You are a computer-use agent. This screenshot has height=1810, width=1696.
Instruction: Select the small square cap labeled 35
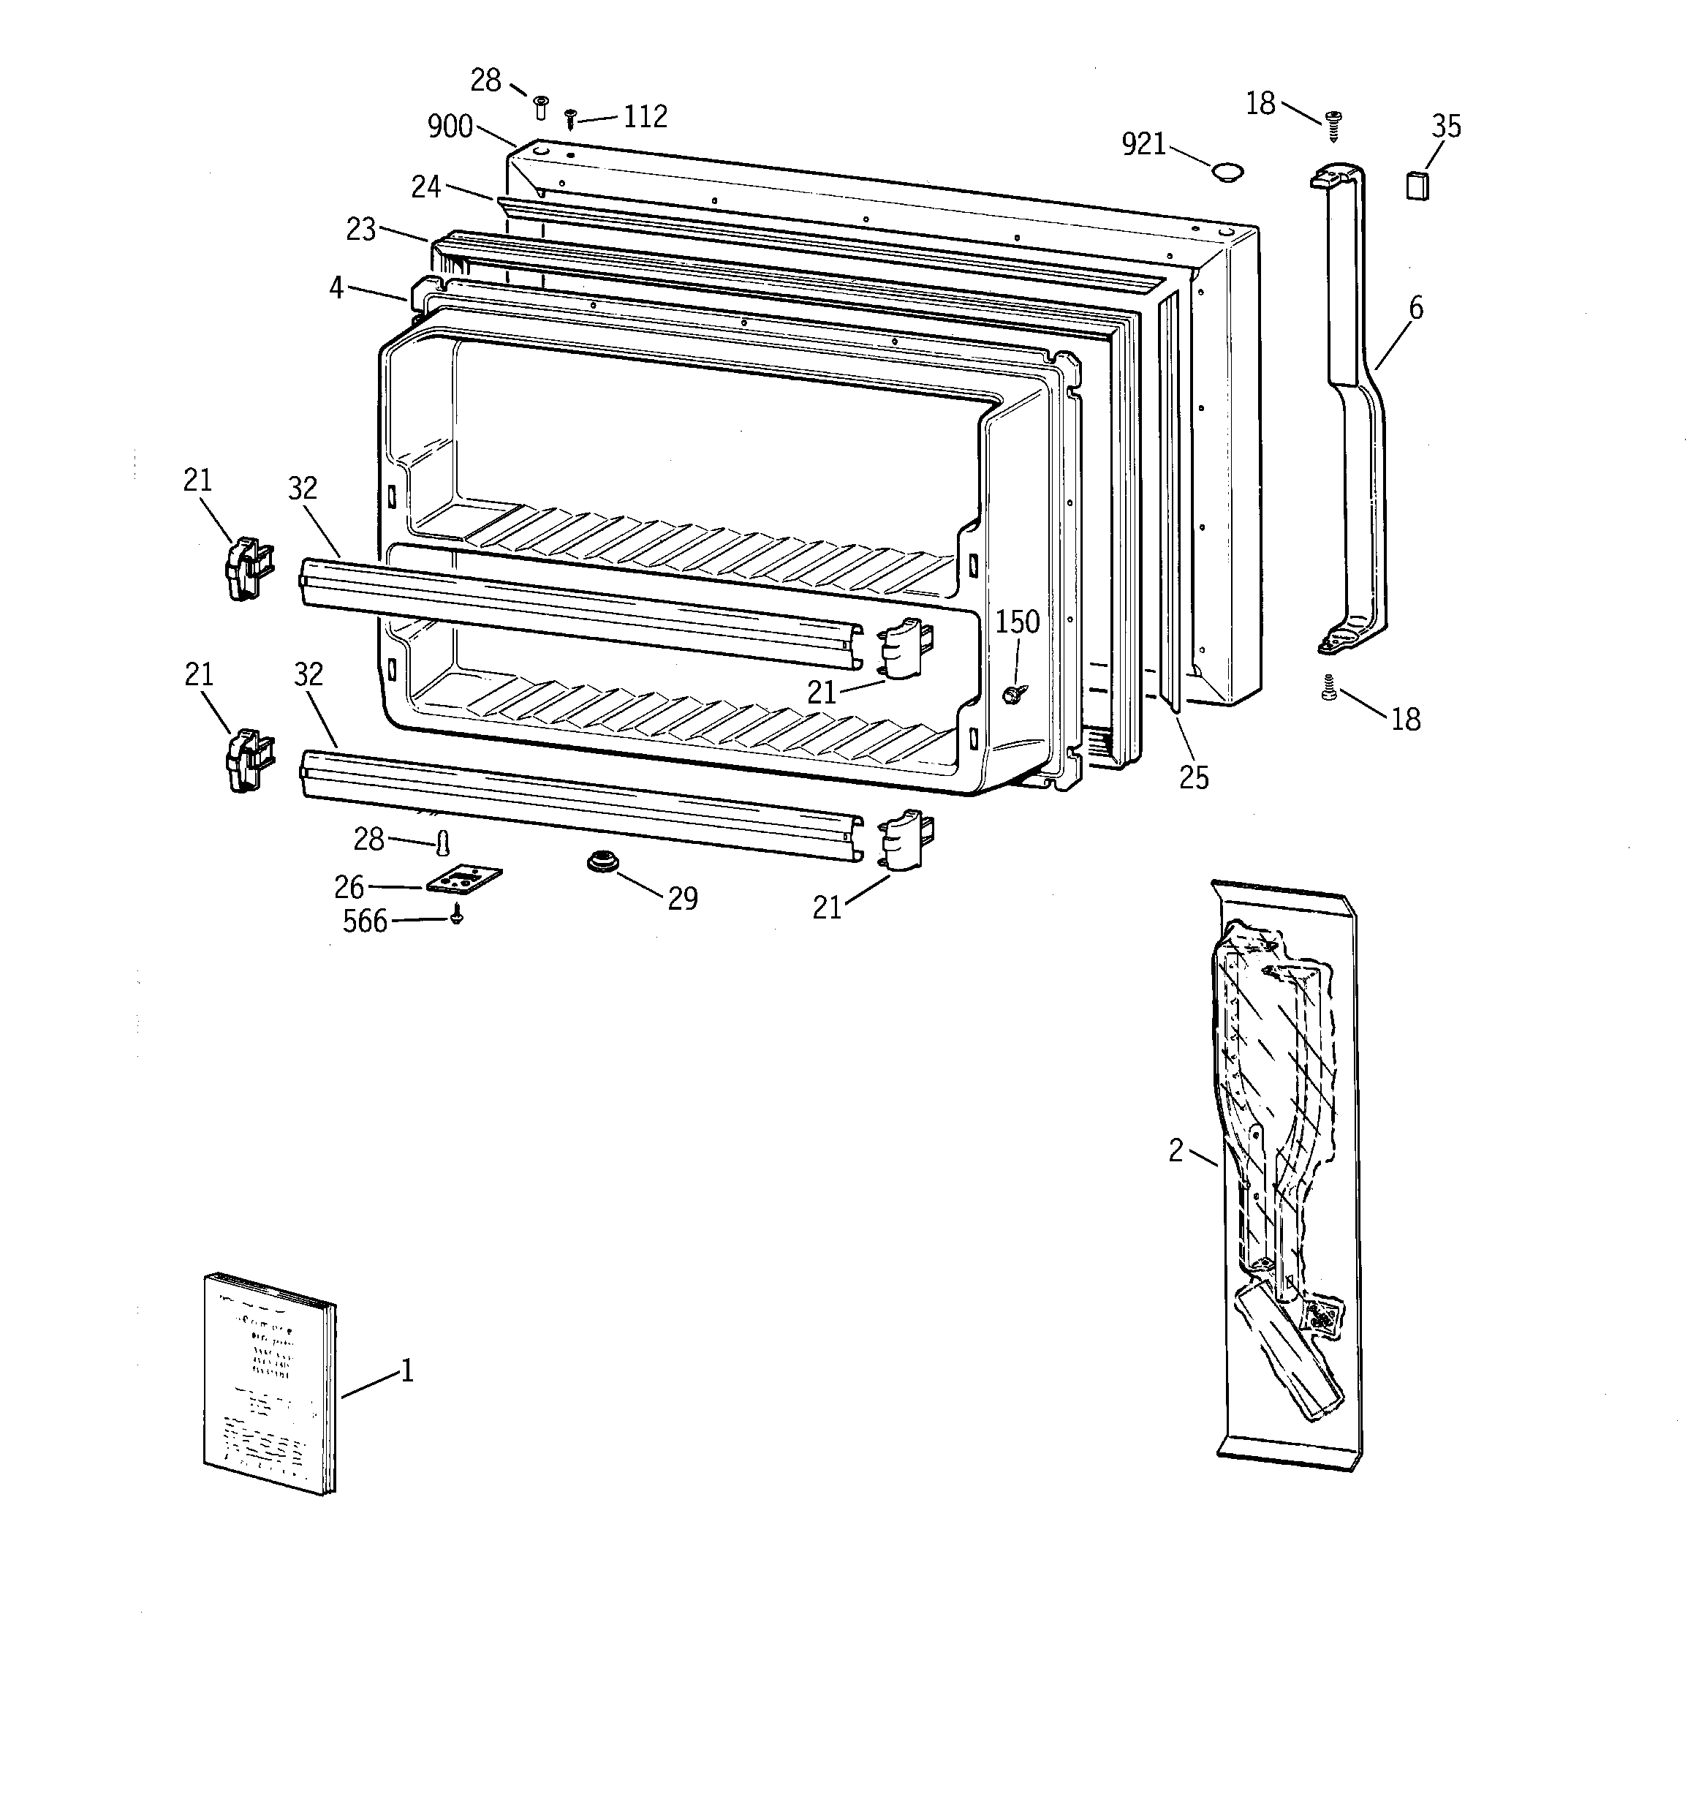click(1417, 185)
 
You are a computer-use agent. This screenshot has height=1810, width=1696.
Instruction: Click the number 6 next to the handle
click(1415, 308)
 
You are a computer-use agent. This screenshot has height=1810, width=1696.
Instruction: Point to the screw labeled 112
click(571, 118)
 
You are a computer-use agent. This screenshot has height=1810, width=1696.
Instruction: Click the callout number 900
click(450, 126)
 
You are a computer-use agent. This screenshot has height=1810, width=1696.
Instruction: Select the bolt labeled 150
click(1010, 695)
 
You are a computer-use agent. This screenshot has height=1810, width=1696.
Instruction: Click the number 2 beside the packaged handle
click(1176, 1152)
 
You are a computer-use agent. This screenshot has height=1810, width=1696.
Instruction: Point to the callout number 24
click(425, 186)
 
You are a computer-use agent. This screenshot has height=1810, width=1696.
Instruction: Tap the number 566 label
click(365, 921)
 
